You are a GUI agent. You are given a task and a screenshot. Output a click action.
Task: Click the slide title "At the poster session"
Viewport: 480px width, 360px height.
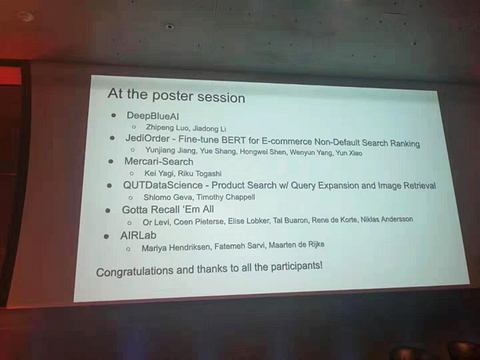177,95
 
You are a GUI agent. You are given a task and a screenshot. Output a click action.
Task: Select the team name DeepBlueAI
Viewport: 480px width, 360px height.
153,116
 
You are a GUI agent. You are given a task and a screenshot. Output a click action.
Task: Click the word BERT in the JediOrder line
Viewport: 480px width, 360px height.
233,140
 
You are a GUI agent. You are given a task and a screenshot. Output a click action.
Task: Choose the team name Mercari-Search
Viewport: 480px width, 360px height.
159,162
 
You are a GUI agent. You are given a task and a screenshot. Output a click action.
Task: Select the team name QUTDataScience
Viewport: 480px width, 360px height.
162,185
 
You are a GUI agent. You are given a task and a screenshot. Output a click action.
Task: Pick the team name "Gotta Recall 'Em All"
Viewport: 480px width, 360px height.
168,209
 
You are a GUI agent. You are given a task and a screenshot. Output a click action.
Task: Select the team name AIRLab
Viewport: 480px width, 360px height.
138,235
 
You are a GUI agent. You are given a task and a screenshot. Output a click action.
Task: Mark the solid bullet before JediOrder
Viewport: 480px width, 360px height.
112,138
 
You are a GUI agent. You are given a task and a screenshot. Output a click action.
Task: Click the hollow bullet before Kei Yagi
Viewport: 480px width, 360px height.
131,173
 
